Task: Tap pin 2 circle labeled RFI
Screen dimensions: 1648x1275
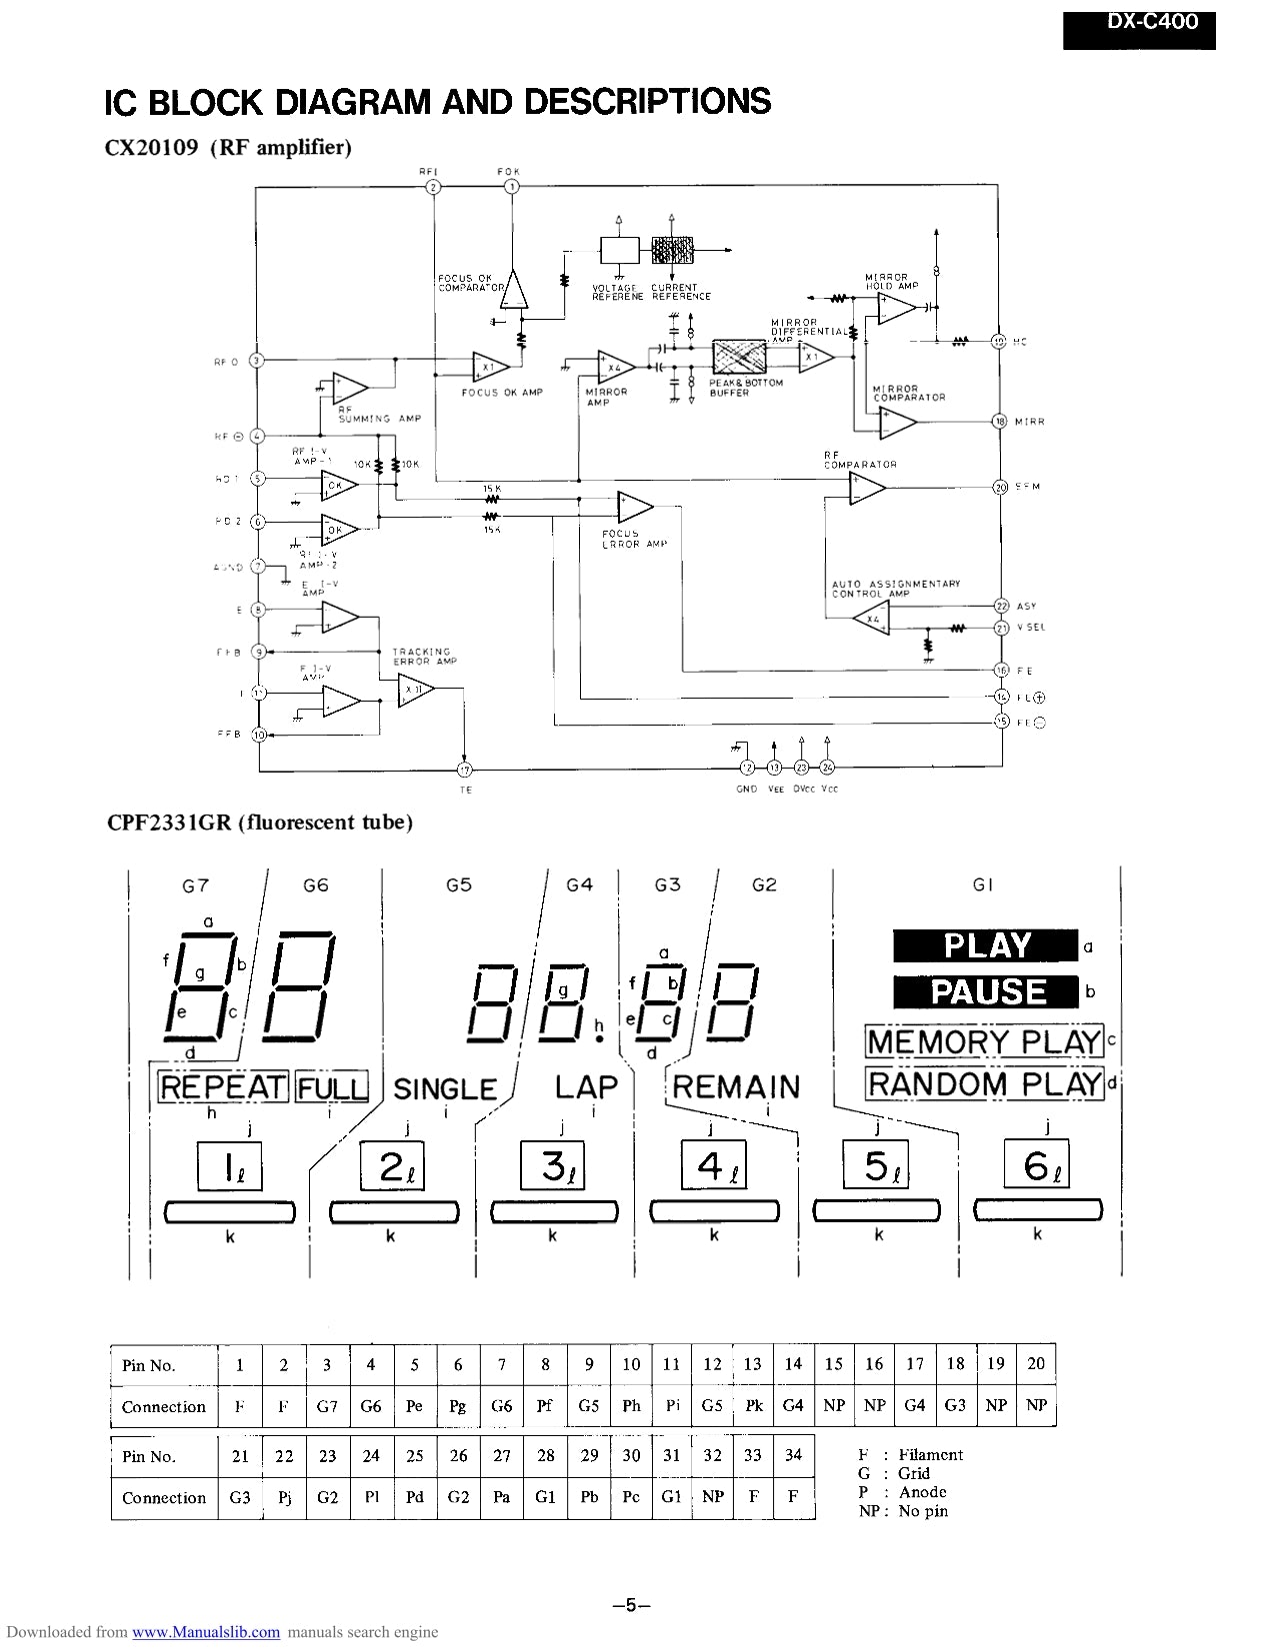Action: point(433,187)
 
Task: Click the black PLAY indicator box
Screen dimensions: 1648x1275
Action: point(985,945)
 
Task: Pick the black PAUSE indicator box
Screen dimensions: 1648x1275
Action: point(985,991)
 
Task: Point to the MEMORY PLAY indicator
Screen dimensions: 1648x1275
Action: point(984,1041)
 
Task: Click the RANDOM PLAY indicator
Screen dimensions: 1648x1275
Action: point(984,1083)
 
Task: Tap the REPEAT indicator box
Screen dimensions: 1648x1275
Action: point(223,1087)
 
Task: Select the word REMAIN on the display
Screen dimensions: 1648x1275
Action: point(736,1087)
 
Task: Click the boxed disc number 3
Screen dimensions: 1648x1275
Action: point(552,1165)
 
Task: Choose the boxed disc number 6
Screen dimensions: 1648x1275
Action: point(1036,1165)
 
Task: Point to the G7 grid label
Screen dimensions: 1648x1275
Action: point(195,885)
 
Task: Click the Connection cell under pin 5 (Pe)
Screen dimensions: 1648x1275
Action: point(414,1406)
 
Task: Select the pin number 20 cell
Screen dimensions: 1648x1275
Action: point(1036,1363)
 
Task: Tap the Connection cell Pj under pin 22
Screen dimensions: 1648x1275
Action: point(284,1497)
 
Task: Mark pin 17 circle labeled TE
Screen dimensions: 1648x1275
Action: point(464,770)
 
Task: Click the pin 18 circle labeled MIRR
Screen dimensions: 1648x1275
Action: point(999,421)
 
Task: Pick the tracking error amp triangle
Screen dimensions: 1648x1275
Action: point(415,691)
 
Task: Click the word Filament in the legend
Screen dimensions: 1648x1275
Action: point(930,1455)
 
